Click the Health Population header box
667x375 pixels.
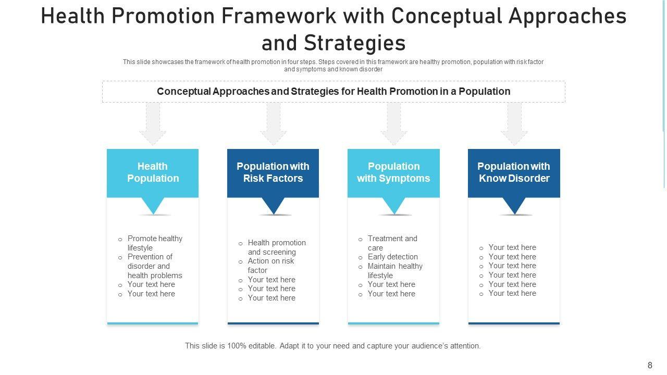coord(153,172)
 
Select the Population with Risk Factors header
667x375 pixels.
coord(273,172)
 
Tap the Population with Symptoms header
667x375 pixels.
coord(393,172)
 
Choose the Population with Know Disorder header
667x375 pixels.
coord(514,172)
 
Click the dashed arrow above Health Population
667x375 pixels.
coord(153,123)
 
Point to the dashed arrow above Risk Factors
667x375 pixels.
coord(273,123)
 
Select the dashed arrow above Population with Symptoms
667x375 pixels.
coord(394,123)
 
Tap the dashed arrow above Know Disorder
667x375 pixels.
coord(514,123)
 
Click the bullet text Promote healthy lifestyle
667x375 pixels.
coord(155,243)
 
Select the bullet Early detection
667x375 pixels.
coord(392,257)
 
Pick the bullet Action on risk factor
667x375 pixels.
coord(270,266)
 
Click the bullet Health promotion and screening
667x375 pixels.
coord(276,247)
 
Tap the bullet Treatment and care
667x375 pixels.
coord(392,243)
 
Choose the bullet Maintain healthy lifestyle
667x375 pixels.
coord(394,271)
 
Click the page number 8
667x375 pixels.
coord(650,365)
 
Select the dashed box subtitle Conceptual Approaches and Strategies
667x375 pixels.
coord(333,92)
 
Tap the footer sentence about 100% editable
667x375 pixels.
coord(332,346)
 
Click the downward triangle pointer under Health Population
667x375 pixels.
coord(153,205)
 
